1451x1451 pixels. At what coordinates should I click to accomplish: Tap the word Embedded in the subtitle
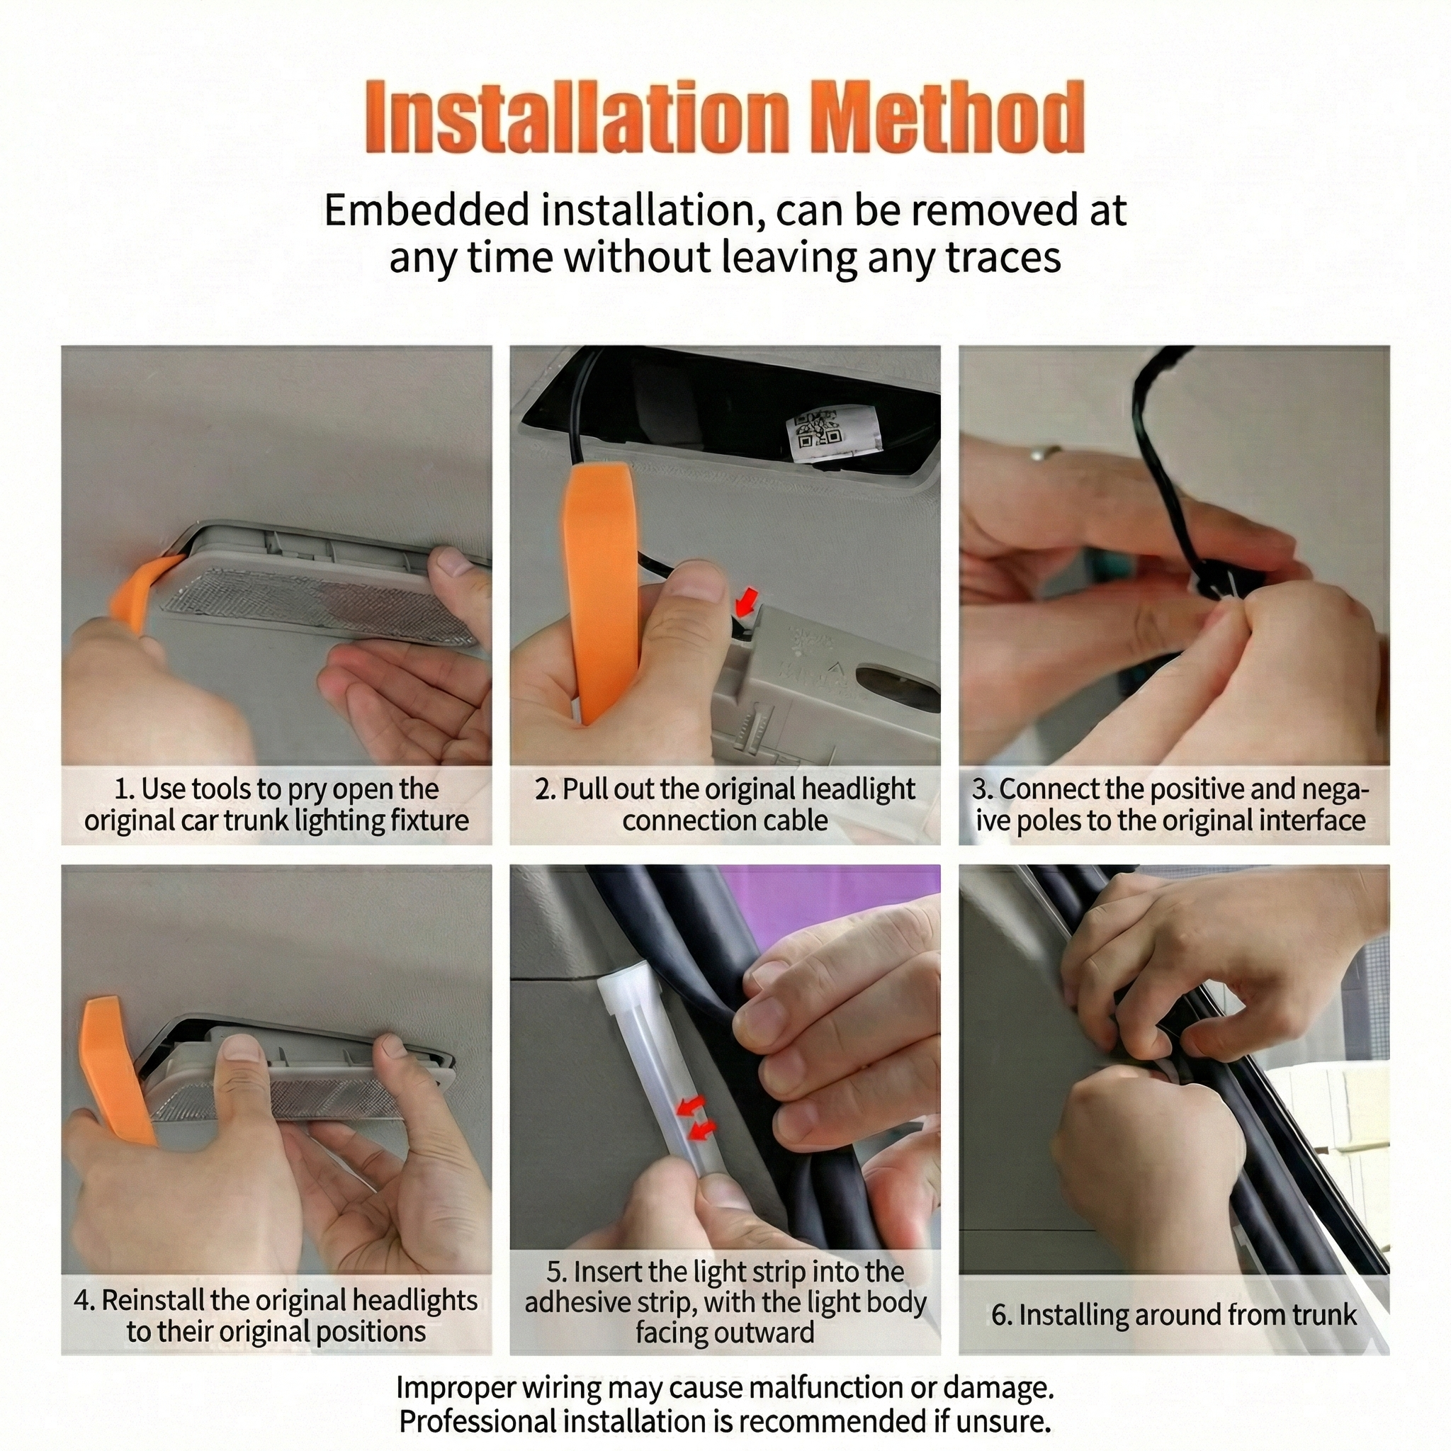[427, 210]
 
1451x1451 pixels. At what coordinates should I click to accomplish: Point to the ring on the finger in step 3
[1046, 452]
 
